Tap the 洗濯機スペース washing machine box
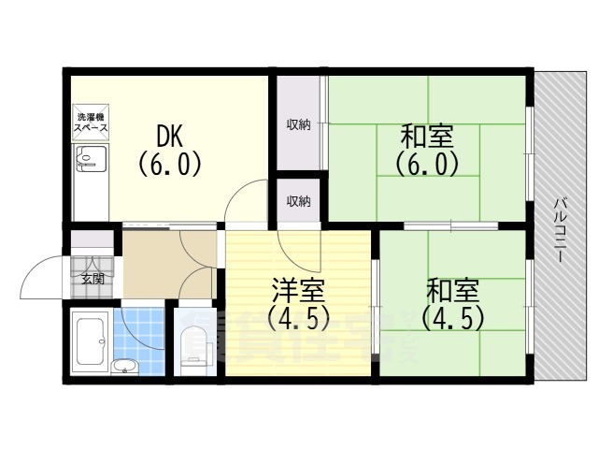pos(91,123)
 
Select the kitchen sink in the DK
pos(87,161)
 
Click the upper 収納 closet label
pos(298,125)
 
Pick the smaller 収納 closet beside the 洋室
pos(298,201)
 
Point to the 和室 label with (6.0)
pos(427,137)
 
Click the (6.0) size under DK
pos(169,165)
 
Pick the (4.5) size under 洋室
pos(298,319)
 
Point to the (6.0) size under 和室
pos(427,165)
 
